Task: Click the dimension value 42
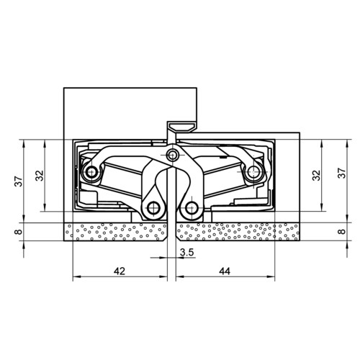[x=120, y=271]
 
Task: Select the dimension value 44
[x=225, y=271]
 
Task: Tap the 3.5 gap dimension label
[x=186, y=252]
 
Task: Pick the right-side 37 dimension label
[x=342, y=173]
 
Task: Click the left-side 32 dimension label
[x=40, y=176]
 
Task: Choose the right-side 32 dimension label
[x=316, y=176]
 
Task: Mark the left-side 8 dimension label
[x=19, y=232]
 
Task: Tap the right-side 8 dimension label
[x=342, y=231]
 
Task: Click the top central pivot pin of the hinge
[x=172, y=156]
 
